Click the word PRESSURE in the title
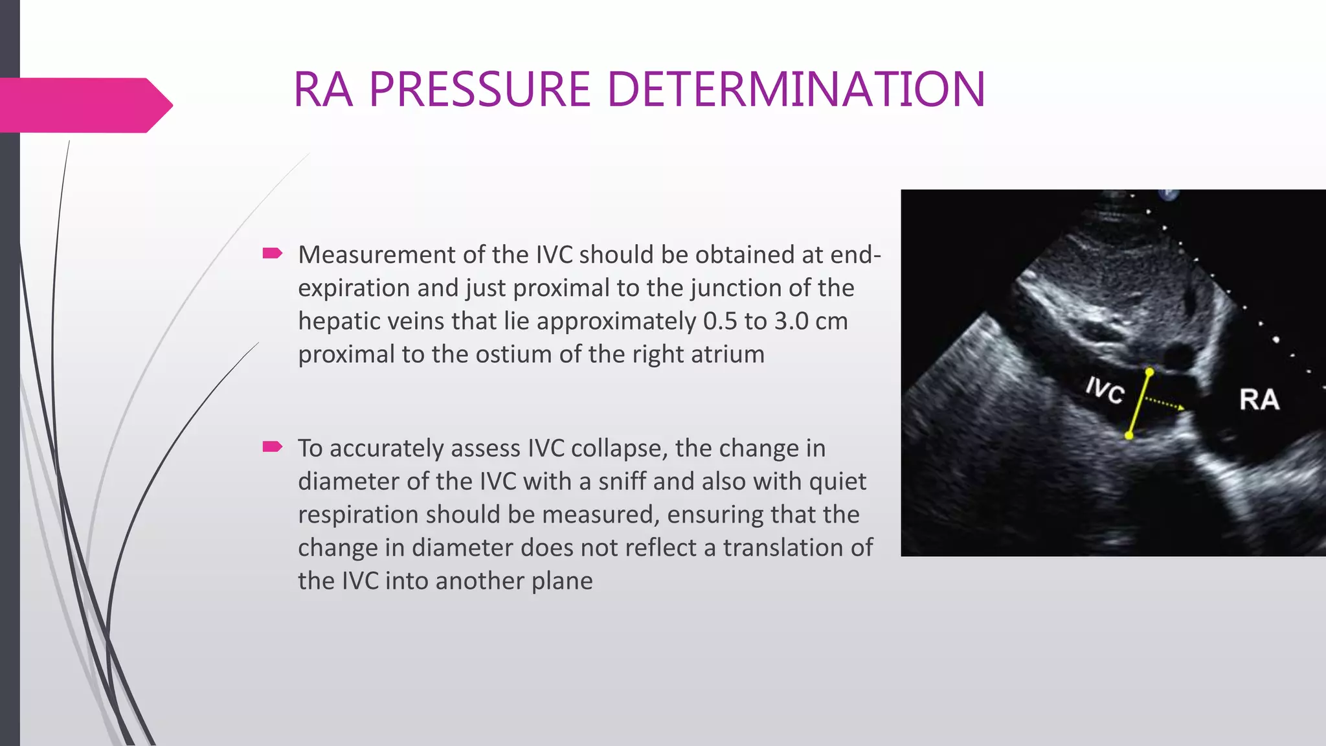pyautogui.click(x=480, y=89)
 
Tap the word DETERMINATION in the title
pyautogui.click(x=796, y=89)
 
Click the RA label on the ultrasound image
pyautogui.click(x=1259, y=400)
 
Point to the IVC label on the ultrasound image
pyautogui.click(x=1105, y=390)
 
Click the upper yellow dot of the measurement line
pyautogui.click(x=1149, y=372)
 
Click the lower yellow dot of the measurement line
pyautogui.click(x=1129, y=435)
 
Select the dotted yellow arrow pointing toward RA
pyautogui.click(x=1165, y=404)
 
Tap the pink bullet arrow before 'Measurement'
pyautogui.click(x=273, y=253)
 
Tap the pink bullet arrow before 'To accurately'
pyautogui.click(x=273, y=446)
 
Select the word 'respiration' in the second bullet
pyautogui.click(x=357, y=515)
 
